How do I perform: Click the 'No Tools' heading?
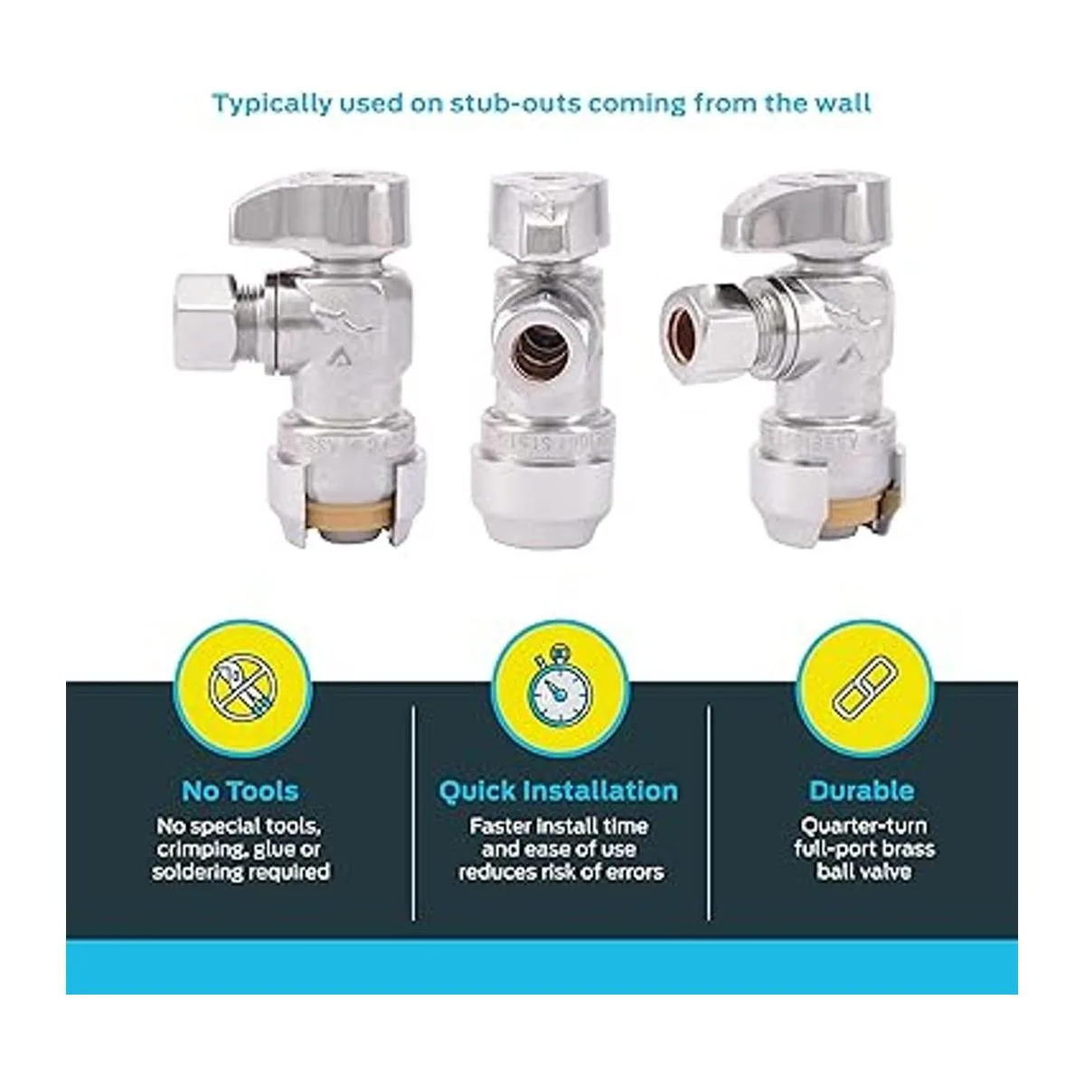pyautogui.click(x=240, y=791)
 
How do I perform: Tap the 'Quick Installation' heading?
pyautogui.click(x=559, y=792)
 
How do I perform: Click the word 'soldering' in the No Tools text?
pyautogui.click(x=195, y=873)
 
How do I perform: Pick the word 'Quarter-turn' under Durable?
pyautogui.click(x=863, y=826)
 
